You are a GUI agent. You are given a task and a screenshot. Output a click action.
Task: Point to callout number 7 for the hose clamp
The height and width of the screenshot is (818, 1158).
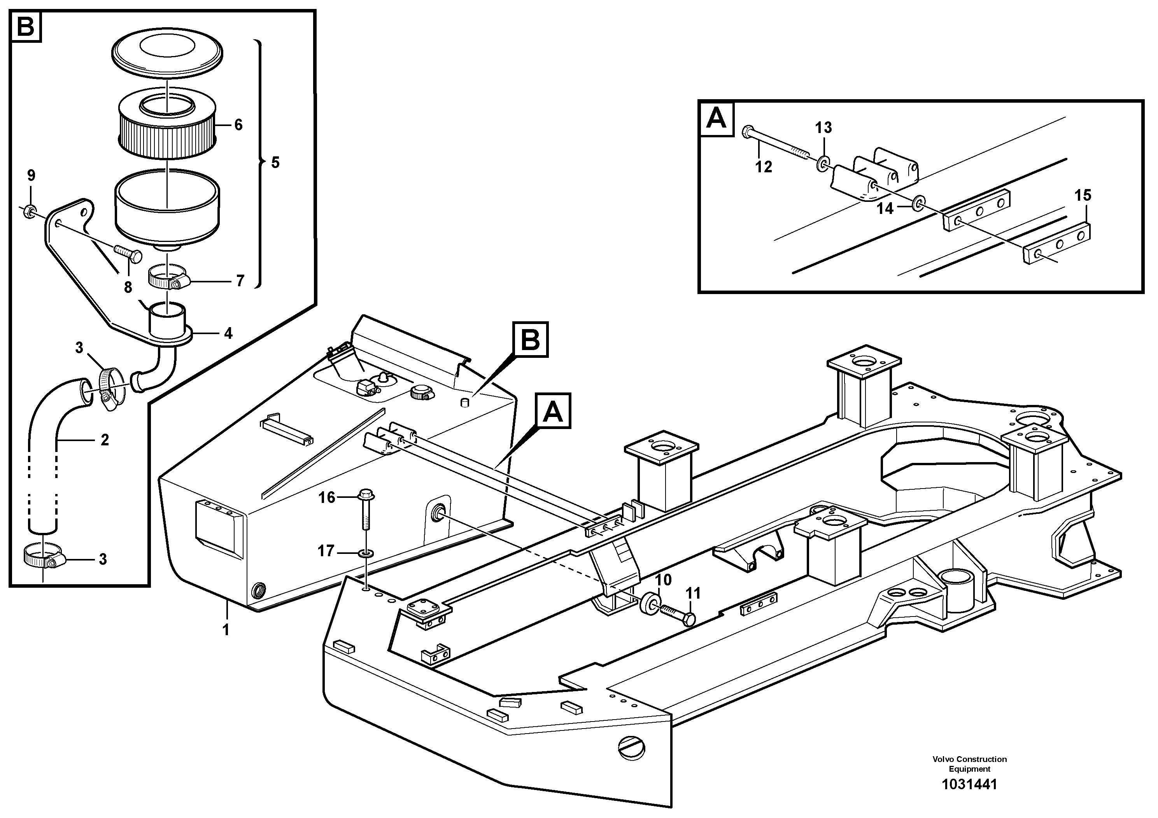point(240,280)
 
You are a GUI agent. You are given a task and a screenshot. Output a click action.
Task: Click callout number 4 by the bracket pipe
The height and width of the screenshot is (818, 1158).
point(228,333)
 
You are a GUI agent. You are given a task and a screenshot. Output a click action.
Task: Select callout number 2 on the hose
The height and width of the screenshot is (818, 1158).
point(104,440)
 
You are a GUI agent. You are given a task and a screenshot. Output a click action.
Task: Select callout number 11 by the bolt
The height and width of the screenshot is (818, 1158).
point(694,594)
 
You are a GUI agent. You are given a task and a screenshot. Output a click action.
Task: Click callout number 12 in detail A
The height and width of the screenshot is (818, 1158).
point(764,166)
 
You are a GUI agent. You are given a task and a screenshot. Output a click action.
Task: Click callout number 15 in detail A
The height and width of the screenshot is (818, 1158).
point(1083,195)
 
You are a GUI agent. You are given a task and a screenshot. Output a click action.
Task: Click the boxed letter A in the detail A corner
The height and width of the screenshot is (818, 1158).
point(717,119)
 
